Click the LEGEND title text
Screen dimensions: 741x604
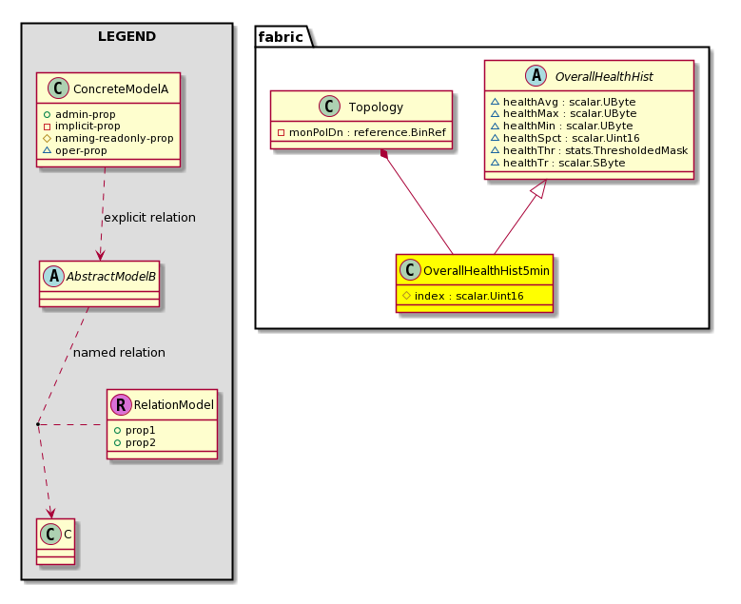pyautogui.click(x=127, y=36)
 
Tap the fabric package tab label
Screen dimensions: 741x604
pyautogui.click(x=281, y=37)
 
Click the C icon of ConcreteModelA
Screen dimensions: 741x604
pyautogui.click(x=58, y=88)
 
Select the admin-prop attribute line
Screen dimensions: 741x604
pyautogui.click(x=79, y=114)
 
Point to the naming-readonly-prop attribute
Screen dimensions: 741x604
pyautogui.click(x=108, y=139)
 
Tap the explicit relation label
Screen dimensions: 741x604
pyautogui.click(x=149, y=218)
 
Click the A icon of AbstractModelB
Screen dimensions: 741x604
pyautogui.click(x=54, y=277)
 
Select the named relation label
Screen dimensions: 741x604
pyautogui.click(x=119, y=353)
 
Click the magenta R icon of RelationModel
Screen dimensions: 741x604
pyautogui.click(x=121, y=404)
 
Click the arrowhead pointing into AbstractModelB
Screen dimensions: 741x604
pyautogui.click(x=100, y=254)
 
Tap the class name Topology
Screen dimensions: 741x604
pyautogui.click(x=376, y=107)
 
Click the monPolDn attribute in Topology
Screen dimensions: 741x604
pyautogui.click(x=361, y=132)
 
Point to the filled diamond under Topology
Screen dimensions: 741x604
pyautogui.click(x=385, y=154)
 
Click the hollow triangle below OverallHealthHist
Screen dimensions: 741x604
pyautogui.click(x=539, y=188)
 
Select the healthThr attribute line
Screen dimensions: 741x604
pyautogui.click(x=589, y=151)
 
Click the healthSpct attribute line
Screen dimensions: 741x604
pyautogui.click(x=565, y=139)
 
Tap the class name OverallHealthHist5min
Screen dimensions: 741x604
pyautogui.click(x=486, y=271)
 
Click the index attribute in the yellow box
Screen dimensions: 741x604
pyautogui.click(x=462, y=297)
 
